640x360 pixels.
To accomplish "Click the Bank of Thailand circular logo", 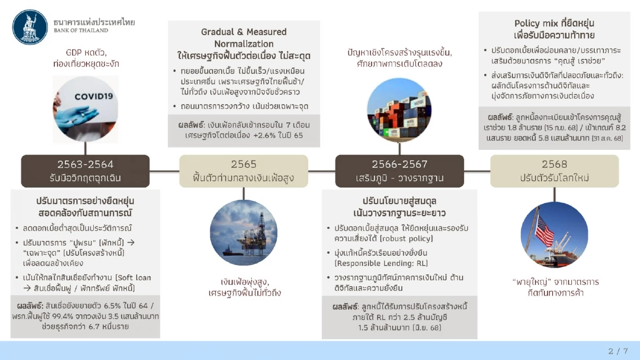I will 30,27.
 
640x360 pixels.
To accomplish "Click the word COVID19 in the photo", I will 94,97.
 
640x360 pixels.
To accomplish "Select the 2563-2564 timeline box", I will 85,171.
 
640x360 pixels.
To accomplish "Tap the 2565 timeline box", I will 244,171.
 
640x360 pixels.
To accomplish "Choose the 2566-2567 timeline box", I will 399,171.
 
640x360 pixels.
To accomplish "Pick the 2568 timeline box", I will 554,171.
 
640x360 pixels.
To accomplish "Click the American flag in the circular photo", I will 544,231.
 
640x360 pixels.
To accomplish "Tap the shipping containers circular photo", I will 399,108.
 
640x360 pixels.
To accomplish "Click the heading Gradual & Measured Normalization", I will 244,38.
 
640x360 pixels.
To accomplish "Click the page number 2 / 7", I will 618,351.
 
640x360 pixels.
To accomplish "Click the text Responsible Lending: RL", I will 381,263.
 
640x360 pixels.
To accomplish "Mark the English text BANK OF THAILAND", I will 81,31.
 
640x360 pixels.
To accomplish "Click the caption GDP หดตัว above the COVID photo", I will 86,52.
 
